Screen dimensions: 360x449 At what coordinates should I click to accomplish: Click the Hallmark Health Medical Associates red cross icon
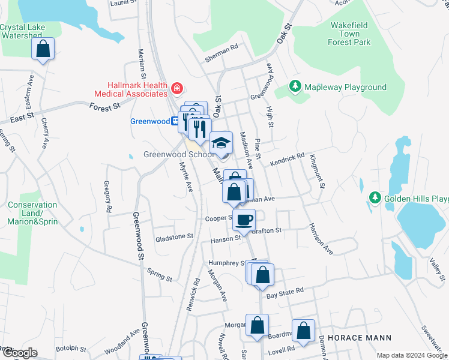176,89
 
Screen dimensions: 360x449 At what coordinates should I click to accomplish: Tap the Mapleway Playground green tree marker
295,87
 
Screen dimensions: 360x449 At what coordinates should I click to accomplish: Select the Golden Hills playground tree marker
375,198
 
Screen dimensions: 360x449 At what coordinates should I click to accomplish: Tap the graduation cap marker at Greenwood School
221,142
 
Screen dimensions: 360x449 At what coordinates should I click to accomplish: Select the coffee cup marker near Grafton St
244,220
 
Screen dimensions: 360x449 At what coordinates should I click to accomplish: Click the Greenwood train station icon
175,121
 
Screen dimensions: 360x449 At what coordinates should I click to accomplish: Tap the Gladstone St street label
175,237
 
